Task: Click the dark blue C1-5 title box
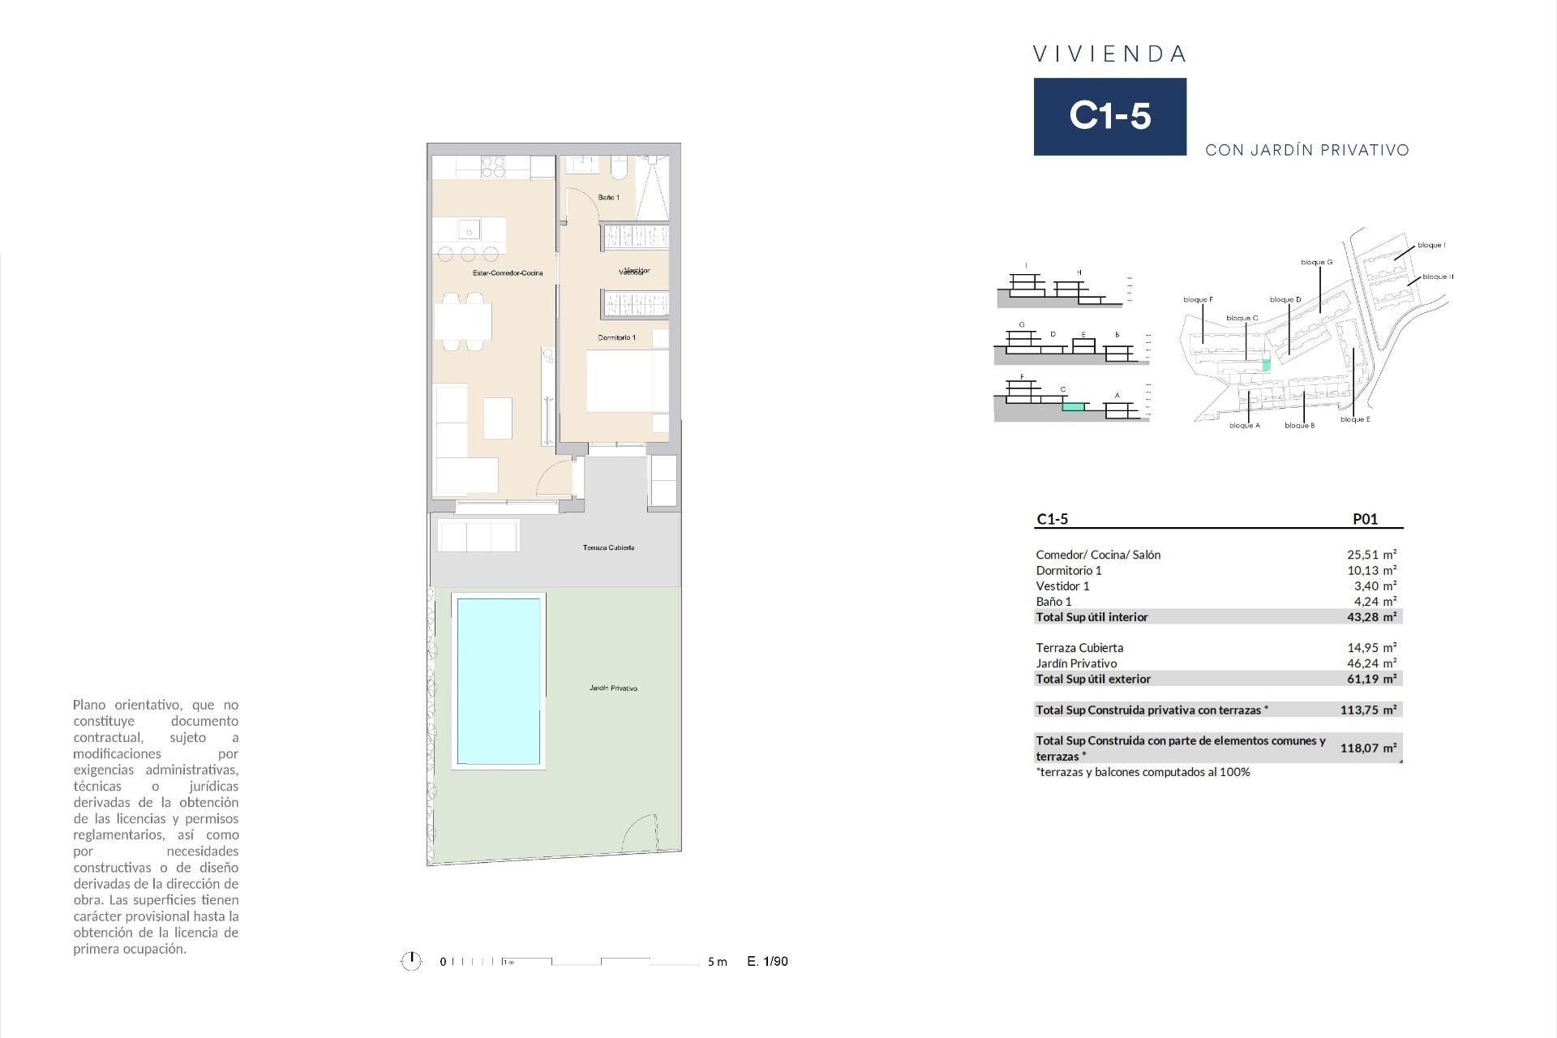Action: tap(1109, 116)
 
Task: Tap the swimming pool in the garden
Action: tap(498, 681)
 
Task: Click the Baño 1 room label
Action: tap(608, 198)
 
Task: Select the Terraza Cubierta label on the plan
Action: tap(608, 548)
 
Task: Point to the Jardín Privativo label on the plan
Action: tap(613, 688)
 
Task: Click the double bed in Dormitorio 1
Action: tap(627, 380)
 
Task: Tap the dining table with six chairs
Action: tap(463, 321)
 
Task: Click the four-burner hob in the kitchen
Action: tap(493, 167)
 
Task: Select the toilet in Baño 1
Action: tap(619, 168)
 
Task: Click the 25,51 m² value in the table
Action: tap(1371, 555)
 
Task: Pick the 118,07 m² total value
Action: tap(1368, 748)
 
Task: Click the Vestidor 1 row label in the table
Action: tap(1062, 585)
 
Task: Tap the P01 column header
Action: tap(1365, 520)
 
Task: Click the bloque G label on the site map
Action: tap(1316, 262)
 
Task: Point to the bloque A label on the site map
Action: tap(1244, 426)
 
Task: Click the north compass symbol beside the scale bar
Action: tap(411, 962)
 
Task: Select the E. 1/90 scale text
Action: tap(767, 962)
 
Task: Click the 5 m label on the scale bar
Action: tap(717, 962)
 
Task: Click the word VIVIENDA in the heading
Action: tap(1109, 54)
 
